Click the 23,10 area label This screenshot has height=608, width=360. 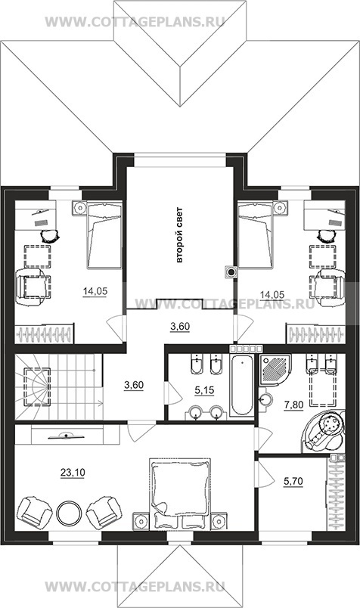click(x=73, y=473)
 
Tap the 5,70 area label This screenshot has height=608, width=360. click(x=293, y=481)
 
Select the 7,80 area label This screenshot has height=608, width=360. click(x=293, y=405)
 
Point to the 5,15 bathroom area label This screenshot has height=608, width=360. click(x=204, y=390)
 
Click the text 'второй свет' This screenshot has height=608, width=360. click(x=178, y=235)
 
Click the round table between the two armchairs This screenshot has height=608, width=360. click(x=69, y=513)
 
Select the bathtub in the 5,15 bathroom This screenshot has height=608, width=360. click(x=241, y=386)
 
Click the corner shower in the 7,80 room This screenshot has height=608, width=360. click(x=276, y=370)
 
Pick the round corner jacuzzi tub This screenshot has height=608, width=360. click(x=324, y=431)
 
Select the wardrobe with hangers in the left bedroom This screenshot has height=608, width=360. click(x=43, y=333)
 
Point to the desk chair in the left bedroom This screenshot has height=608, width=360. click(x=50, y=235)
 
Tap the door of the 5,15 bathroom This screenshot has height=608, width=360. click(x=173, y=393)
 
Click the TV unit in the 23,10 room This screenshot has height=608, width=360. click(x=67, y=435)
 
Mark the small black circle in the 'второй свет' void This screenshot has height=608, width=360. click(x=231, y=272)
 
